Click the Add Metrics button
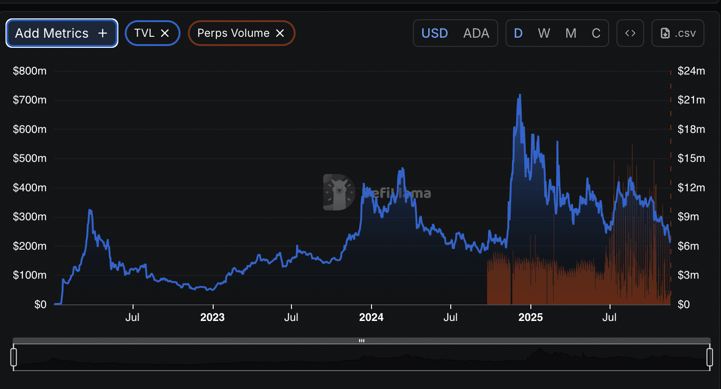click(62, 33)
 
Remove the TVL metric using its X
click(165, 33)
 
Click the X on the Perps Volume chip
click(280, 33)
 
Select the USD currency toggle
click(435, 33)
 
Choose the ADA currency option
click(476, 33)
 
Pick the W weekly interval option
click(544, 33)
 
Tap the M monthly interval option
click(571, 33)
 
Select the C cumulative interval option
click(596, 33)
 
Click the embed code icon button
click(630, 33)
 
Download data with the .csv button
click(678, 33)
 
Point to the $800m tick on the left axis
click(30, 71)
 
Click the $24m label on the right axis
click(691, 71)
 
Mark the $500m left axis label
click(30, 158)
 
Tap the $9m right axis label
click(688, 217)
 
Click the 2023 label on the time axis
click(212, 317)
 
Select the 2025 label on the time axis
click(530, 317)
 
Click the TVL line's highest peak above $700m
click(520, 95)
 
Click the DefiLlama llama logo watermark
click(339, 192)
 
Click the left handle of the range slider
click(14, 357)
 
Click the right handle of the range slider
click(709, 357)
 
